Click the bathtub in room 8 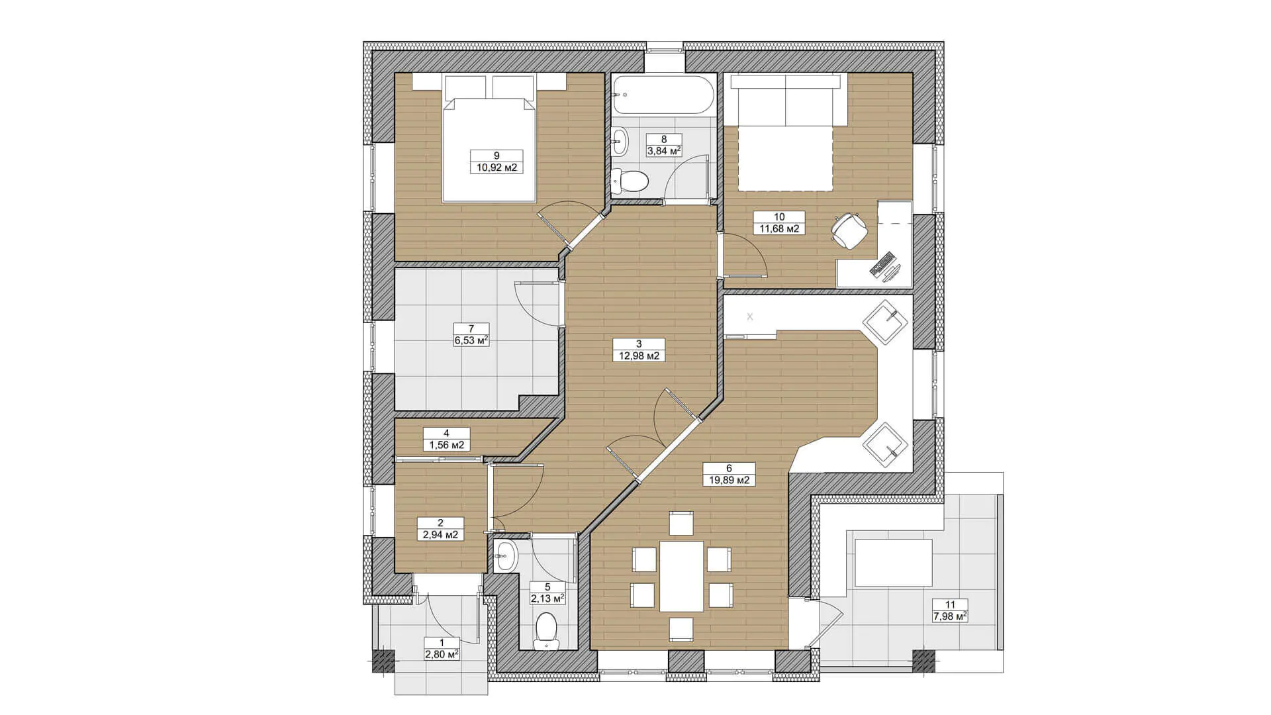coord(664,95)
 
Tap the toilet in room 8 coord(629,180)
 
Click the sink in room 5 coord(506,555)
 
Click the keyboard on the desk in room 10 coord(882,263)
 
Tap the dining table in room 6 coord(682,576)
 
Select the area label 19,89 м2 coord(730,480)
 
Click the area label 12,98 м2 coord(639,356)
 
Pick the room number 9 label coord(496,156)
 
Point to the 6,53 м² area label coord(471,340)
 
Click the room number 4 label coord(446,433)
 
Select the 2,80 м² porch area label coord(442,655)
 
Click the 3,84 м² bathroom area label coord(664,150)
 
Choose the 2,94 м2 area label coord(441,534)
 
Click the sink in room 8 coord(620,140)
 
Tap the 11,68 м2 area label coord(779,228)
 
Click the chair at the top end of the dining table coord(681,523)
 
